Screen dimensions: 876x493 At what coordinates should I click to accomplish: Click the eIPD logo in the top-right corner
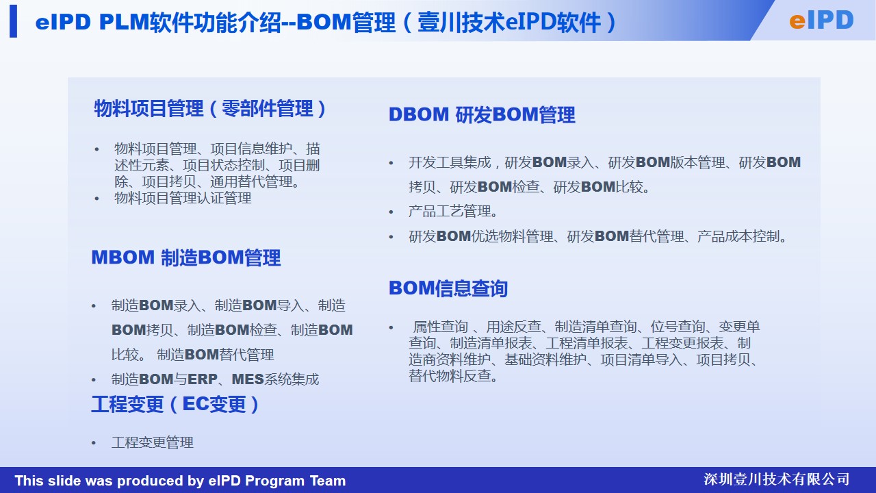pos(821,21)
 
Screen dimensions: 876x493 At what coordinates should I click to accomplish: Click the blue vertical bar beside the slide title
pos(13,21)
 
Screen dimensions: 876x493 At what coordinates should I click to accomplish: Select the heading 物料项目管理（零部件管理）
pos(210,108)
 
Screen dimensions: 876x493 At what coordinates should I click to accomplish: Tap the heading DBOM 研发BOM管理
pos(482,115)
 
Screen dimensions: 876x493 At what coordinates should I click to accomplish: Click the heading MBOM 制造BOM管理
pos(186,258)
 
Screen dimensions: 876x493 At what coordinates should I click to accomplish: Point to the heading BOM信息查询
pos(448,288)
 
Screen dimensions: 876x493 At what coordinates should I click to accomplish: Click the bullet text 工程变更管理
pos(153,442)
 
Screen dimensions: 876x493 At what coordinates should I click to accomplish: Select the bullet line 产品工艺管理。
pos(453,212)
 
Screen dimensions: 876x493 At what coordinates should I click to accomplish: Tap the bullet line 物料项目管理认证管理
pos(183,198)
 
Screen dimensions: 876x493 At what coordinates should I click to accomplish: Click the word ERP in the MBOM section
pos(203,379)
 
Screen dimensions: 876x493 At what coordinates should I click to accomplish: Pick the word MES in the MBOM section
pos(248,379)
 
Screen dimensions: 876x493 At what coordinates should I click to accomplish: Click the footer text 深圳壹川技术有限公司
pos(776,479)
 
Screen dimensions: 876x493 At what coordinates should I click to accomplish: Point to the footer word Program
pos(275,481)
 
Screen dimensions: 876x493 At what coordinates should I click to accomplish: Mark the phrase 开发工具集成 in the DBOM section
pos(450,162)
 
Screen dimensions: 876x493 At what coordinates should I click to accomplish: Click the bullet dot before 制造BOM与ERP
pos(94,380)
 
